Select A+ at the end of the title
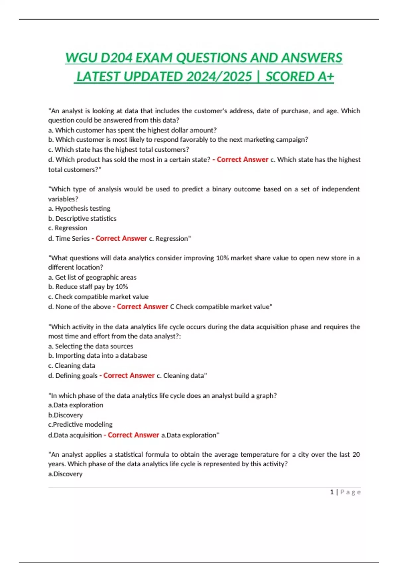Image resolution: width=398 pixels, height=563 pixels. (x=326, y=77)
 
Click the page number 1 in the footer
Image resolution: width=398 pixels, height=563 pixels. (x=332, y=492)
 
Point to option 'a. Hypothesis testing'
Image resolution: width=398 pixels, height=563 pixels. (x=79, y=209)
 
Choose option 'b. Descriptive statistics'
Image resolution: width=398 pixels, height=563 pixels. (x=82, y=219)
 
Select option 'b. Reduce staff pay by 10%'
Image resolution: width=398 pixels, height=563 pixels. (x=88, y=287)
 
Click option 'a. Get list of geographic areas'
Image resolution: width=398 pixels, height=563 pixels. (x=92, y=277)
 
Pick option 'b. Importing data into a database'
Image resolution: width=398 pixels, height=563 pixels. (x=98, y=356)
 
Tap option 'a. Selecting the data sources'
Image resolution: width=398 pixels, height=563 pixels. (x=91, y=346)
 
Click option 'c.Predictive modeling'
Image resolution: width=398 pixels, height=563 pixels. (x=80, y=425)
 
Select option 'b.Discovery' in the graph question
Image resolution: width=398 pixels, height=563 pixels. (x=65, y=415)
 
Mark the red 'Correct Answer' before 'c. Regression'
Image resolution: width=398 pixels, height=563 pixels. (x=121, y=238)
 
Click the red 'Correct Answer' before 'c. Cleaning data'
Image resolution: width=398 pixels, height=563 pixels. (x=129, y=376)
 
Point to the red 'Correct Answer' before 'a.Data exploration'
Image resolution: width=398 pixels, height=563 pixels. (x=133, y=435)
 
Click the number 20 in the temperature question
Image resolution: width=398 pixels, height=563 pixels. (x=356, y=455)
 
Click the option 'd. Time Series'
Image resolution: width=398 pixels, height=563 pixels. (x=69, y=238)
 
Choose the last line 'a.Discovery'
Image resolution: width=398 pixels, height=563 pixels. (x=65, y=474)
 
